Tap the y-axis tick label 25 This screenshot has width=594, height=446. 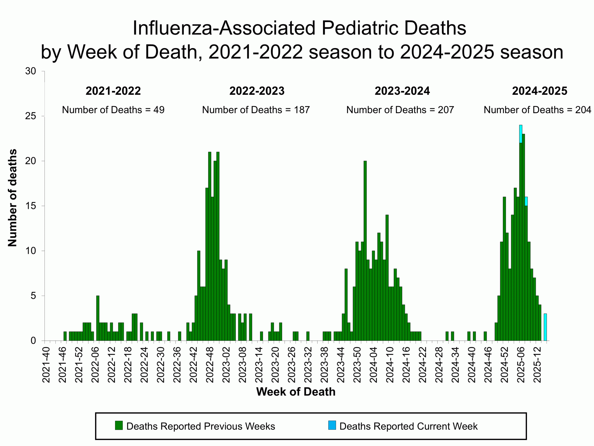tap(30, 116)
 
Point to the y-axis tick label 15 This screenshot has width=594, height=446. tap(30, 206)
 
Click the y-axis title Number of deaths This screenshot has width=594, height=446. tap(12, 198)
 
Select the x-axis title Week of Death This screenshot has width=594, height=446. tap(296, 392)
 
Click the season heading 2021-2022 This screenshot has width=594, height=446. tap(113, 91)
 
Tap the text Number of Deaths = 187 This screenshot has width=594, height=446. tap(256, 110)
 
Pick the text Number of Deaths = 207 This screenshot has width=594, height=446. tap(400, 110)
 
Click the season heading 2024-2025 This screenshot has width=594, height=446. tap(539, 91)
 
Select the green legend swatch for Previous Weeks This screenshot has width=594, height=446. tap(119, 425)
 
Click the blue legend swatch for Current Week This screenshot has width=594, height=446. tap(332, 425)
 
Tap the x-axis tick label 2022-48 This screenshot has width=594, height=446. tap(210, 365)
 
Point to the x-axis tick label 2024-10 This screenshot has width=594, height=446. tap(390, 365)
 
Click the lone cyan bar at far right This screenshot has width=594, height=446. tap(545, 327)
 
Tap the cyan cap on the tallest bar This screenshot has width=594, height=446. tap(520, 134)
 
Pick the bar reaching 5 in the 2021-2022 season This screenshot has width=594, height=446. tap(98, 318)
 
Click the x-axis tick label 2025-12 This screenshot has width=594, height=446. tap(537, 365)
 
